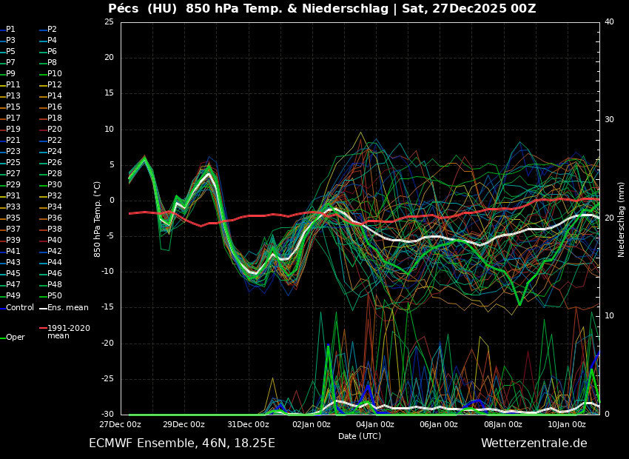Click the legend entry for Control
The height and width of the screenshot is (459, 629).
pyautogui.click(x=20, y=307)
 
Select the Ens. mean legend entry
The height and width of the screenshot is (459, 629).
pyautogui.click(x=67, y=307)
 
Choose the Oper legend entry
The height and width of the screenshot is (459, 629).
pyautogui.click(x=16, y=337)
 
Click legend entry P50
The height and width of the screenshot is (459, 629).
pyautogui.click(x=55, y=295)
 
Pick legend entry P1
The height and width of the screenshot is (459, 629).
pyautogui.click(x=10, y=29)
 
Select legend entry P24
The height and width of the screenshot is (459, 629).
pyautogui.click(x=55, y=151)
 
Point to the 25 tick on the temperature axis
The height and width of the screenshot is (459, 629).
pyautogui.click(x=109, y=21)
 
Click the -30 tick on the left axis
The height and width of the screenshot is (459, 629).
pyautogui.click(x=107, y=414)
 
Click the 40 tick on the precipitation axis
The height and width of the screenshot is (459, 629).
pyautogui.click(x=609, y=21)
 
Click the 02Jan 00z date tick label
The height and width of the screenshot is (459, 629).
pyautogui.click(x=312, y=425)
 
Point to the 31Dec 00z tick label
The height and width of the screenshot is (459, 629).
pyautogui.click(x=248, y=425)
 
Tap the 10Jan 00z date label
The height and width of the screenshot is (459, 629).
pyautogui.click(x=567, y=425)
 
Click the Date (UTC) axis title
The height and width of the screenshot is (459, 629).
pyautogui.click(x=360, y=436)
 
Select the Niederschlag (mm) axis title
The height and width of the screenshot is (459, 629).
pyautogui.click(x=622, y=219)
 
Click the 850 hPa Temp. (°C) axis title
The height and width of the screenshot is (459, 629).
pyautogui.click(x=97, y=218)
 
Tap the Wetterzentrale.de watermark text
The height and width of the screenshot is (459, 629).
pyautogui.click(x=534, y=443)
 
